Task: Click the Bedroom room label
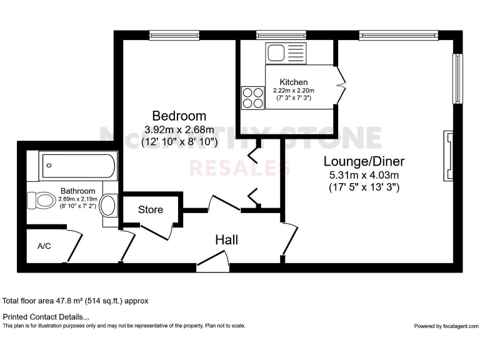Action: point(179,116)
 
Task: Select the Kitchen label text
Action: point(294,82)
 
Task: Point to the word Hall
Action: point(226,239)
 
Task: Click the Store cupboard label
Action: point(151,209)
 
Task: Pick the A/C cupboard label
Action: point(44,246)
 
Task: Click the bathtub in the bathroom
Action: point(78,166)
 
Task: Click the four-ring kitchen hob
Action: point(253,97)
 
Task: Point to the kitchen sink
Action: point(284,52)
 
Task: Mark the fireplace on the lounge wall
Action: point(448,154)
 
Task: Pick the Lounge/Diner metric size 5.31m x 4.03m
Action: point(364,174)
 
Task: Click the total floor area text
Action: point(76,301)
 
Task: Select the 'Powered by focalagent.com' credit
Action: point(446,326)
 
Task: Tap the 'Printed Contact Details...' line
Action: point(46,317)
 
